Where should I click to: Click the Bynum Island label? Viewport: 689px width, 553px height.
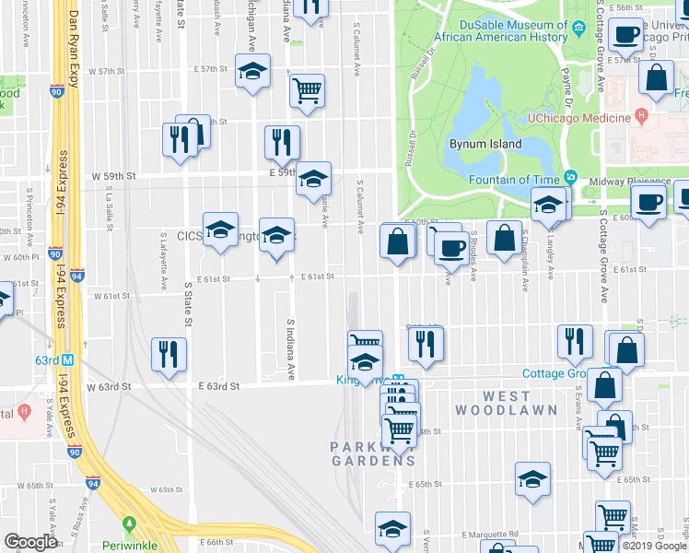tap(485, 145)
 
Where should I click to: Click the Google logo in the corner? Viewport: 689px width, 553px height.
tap(30, 542)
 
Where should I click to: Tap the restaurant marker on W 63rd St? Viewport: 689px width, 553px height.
tap(169, 356)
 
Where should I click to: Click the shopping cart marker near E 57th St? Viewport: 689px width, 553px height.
tap(307, 91)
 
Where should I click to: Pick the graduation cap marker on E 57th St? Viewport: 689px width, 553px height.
tap(251, 73)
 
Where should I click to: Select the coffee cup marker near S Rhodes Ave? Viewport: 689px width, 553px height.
tap(451, 246)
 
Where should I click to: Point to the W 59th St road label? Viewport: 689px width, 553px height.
tap(113, 175)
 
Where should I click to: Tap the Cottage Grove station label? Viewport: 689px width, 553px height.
tap(554, 373)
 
